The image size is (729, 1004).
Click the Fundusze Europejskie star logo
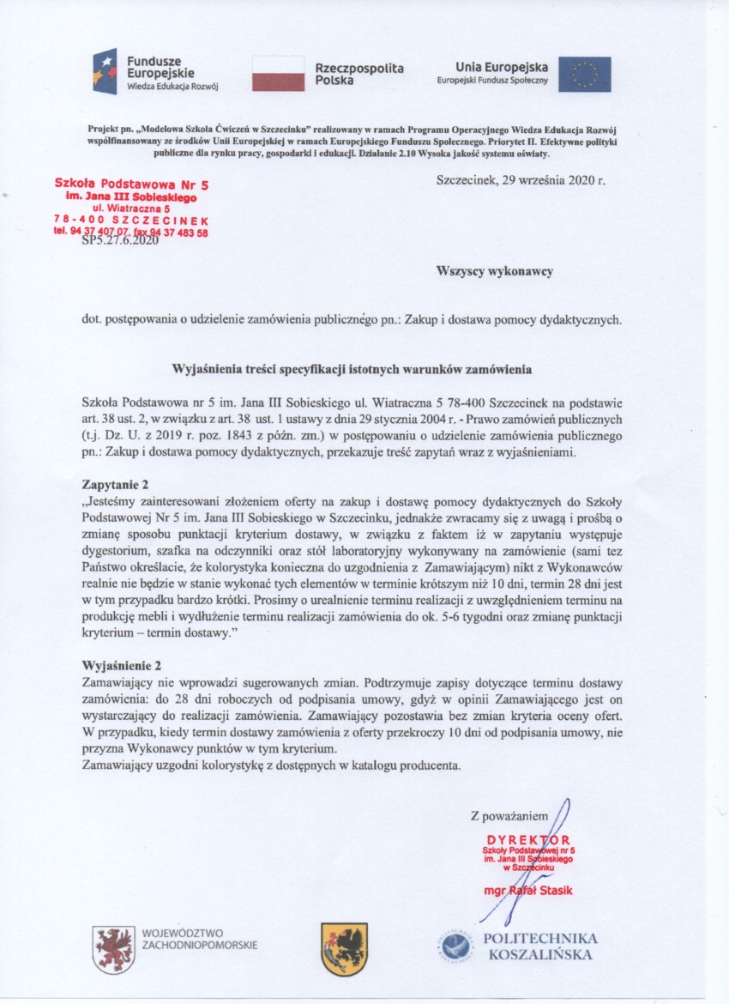[105, 71]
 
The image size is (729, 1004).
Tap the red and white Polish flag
[278, 74]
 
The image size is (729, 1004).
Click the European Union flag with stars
[585, 74]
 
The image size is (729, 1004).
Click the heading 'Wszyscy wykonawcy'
[495, 270]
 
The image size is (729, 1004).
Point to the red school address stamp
[131, 207]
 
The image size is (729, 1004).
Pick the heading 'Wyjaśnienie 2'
[121, 665]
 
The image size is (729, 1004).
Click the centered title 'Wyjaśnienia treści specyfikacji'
[352, 370]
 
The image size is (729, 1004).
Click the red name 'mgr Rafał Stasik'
[528, 891]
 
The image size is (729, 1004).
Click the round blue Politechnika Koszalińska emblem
[457, 947]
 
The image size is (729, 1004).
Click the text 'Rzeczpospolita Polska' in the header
[358, 74]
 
